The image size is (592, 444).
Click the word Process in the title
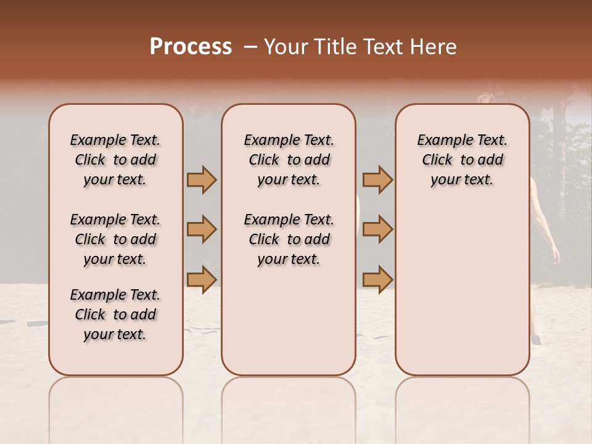coord(191,47)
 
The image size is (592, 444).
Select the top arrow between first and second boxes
coord(202,179)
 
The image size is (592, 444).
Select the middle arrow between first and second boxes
coord(202,229)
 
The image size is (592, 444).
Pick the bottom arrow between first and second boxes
coord(202,279)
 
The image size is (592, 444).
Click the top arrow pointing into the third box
coord(377,179)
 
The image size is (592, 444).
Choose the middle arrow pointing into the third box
coord(377,229)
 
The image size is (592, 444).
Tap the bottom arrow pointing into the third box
coord(377,279)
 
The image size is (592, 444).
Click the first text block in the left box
coord(115,160)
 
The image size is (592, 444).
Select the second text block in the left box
coord(115,239)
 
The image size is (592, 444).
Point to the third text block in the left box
coord(115,314)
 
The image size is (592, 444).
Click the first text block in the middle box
coord(289,160)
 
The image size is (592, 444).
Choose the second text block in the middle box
coord(289,239)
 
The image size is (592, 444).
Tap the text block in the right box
coord(462,160)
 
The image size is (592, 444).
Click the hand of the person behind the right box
coord(555,258)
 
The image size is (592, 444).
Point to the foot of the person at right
coord(536,340)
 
